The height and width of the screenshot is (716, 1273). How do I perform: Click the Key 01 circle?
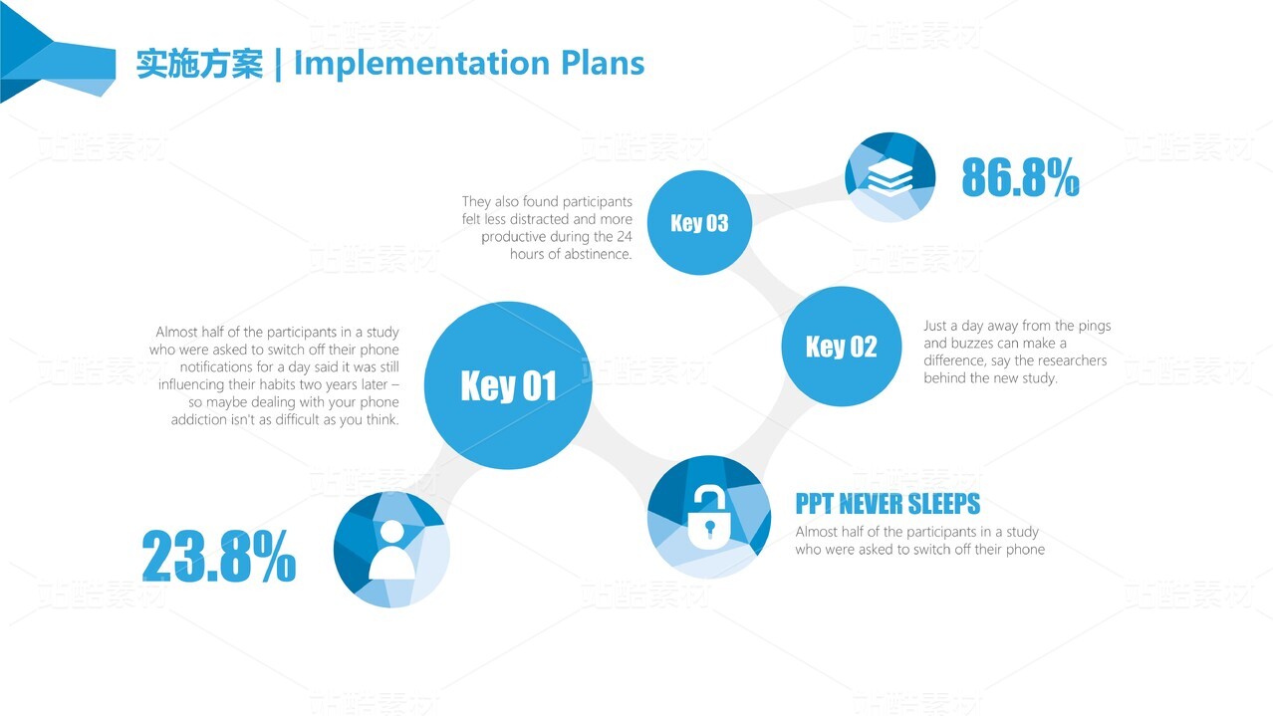pyautogui.click(x=508, y=385)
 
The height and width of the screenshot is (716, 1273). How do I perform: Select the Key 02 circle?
pyautogui.click(x=842, y=347)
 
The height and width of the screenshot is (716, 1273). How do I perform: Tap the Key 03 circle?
pyautogui.click(x=699, y=222)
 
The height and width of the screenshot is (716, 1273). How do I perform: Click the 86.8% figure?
pyautogui.click(x=1021, y=177)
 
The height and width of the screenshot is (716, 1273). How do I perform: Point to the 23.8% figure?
pyautogui.click(x=219, y=556)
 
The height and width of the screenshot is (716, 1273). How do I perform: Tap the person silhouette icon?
pyautogui.click(x=392, y=550)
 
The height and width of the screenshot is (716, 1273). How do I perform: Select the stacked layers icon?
pyautogui.click(x=890, y=176)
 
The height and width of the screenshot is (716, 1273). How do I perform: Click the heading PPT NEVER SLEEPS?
pyautogui.click(x=888, y=504)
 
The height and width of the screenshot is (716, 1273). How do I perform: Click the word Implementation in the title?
pyautogui.click(x=421, y=63)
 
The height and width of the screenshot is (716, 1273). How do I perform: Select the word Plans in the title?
pyautogui.click(x=603, y=62)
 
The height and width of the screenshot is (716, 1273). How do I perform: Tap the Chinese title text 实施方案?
pyautogui.click(x=199, y=63)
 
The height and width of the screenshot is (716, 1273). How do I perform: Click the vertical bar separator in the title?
pyautogui.click(x=278, y=64)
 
